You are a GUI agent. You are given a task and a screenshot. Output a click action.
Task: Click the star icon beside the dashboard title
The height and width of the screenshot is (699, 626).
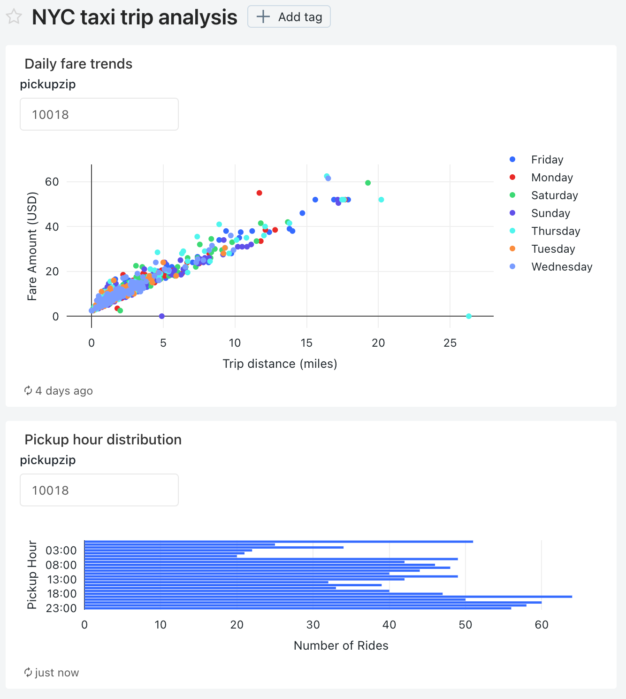click(14, 17)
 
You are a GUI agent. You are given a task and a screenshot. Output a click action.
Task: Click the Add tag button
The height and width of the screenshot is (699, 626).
click(289, 17)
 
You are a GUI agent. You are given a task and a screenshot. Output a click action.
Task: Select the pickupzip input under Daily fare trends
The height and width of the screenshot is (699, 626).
click(99, 114)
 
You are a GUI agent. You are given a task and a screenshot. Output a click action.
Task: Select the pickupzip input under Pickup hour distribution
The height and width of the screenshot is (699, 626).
click(99, 490)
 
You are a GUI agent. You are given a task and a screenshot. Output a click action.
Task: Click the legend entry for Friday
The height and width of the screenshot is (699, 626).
click(547, 160)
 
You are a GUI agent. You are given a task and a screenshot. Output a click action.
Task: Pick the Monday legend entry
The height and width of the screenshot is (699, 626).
click(552, 178)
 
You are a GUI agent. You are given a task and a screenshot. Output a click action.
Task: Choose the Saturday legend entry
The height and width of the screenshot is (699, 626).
click(554, 195)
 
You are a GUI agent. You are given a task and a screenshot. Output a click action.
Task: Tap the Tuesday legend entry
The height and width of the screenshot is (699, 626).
click(553, 249)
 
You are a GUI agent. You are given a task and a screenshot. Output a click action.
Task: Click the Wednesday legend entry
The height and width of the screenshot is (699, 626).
click(561, 267)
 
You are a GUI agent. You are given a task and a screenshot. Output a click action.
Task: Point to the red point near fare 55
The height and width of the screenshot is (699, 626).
click(260, 193)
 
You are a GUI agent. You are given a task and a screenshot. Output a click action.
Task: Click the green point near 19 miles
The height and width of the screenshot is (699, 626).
click(368, 183)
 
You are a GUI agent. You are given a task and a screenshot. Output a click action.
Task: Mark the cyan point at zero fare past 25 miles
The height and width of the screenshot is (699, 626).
click(469, 316)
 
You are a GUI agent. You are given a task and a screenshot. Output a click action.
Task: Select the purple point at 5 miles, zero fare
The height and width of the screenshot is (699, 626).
click(162, 316)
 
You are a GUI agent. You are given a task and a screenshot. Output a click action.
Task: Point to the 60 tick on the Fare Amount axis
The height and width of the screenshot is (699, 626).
click(52, 182)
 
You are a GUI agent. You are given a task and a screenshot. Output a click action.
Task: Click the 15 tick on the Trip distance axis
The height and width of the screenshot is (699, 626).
click(306, 343)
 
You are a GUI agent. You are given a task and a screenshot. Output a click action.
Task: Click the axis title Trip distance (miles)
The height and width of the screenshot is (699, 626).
click(280, 364)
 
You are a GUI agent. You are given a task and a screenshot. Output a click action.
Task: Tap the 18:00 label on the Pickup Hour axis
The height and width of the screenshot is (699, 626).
click(61, 594)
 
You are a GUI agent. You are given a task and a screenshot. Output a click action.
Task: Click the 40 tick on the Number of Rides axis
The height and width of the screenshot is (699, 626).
click(389, 625)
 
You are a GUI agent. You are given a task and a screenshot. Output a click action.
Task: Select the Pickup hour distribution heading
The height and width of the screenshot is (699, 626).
click(103, 440)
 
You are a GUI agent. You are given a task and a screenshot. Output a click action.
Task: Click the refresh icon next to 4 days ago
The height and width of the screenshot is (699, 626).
click(28, 391)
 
